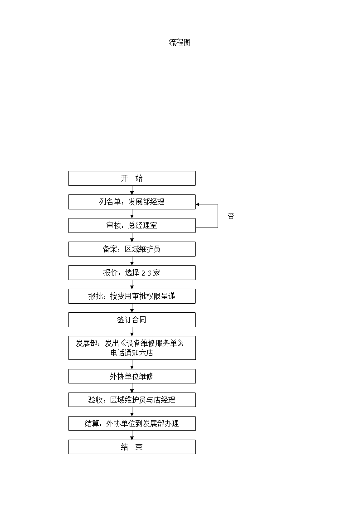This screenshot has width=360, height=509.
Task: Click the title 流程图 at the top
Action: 180,42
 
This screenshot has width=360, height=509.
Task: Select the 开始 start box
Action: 132,178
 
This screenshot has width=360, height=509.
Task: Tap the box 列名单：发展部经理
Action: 132,202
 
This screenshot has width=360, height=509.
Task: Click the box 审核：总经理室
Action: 132,225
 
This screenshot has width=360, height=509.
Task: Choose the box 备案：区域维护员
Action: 132,249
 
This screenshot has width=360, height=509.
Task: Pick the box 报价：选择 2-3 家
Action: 132,273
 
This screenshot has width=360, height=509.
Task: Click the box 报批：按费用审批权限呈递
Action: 132,296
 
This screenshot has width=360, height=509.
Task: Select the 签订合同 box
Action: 132,320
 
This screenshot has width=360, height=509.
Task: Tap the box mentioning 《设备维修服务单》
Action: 132,348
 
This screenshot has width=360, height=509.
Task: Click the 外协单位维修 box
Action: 132,376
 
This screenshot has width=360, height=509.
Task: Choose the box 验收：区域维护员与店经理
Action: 132,400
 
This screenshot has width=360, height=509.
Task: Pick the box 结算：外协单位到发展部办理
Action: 132,423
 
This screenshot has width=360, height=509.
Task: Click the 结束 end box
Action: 132,447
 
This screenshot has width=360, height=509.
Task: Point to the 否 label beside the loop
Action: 231,216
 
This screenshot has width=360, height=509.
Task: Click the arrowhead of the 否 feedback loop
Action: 197,204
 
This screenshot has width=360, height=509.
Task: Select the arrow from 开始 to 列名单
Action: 132,190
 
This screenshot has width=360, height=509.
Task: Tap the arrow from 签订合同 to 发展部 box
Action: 132,331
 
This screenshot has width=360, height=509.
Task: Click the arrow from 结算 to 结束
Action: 132,435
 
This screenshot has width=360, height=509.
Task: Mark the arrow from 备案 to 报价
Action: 132,261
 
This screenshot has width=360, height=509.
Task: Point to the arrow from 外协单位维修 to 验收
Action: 132,388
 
